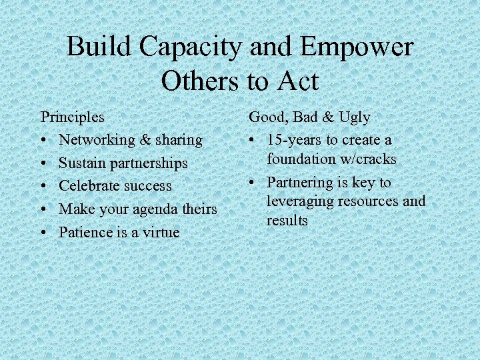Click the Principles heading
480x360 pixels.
(x=73, y=117)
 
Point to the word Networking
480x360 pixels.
(x=97, y=140)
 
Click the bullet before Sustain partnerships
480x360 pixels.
(x=44, y=163)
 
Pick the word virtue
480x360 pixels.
(x=160, y=233)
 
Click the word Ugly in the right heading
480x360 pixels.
(x=355, y=117)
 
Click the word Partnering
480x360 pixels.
(x=300, y=183)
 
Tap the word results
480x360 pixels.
(x=287, y=221)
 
